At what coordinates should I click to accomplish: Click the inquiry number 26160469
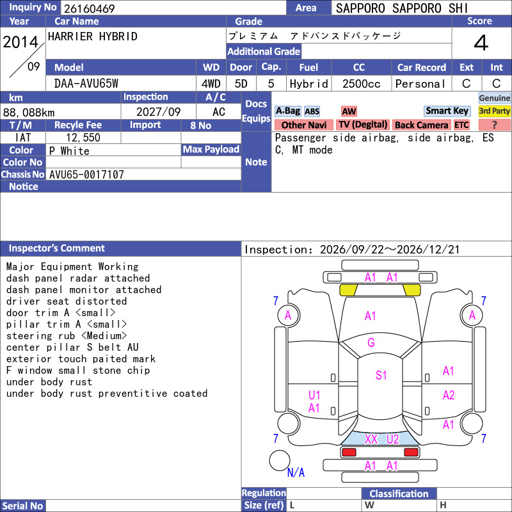[89, 8]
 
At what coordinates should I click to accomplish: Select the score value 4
[481, 43]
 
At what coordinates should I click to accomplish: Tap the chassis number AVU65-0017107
[86, 174]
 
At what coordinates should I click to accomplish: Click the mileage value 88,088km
[29, 113]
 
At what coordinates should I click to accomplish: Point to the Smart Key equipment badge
[447, 111]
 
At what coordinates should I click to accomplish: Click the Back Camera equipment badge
[421, 125]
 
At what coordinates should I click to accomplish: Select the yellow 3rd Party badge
[494, 111]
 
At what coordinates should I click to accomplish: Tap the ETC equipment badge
[461, 125]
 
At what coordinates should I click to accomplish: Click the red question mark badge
[494, 125]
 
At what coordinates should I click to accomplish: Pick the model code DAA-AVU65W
[86, 84]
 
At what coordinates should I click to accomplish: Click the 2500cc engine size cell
[361, 84]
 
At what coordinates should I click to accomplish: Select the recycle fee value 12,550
[83, 138]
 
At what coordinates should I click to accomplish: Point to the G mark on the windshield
[371, 342]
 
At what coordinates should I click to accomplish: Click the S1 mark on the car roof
[381, 375]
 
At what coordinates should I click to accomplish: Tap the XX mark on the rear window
[371, 439]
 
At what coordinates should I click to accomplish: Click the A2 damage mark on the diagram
[449, 395]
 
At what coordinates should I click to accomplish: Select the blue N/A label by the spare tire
[296, 472]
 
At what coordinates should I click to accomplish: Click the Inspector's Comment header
[57, 248]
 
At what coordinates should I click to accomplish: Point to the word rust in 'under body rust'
[81, 382]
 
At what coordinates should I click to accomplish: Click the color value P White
[69, 151]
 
